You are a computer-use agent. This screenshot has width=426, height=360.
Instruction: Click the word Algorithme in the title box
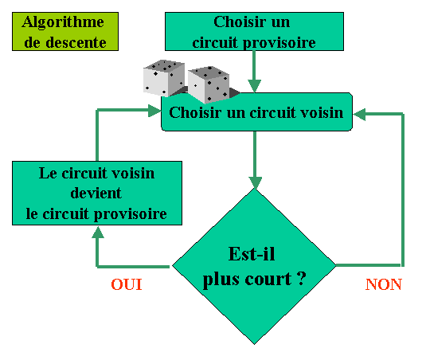click(x=63, y=22)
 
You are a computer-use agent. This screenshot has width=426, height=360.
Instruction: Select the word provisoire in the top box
click(x=279, y=44)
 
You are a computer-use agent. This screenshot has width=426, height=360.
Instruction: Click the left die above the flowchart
click(x=164, y=78)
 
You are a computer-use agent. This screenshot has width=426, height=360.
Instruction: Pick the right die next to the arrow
click(x=209, y=84)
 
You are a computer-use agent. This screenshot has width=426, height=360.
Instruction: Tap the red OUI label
click(x=127, y=284)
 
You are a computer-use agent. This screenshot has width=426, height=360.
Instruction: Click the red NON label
click(x=383, y=284)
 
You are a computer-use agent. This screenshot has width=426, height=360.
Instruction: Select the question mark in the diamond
click(x=301, y=278)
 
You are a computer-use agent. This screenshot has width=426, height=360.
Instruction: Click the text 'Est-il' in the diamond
click(x=252, y=254)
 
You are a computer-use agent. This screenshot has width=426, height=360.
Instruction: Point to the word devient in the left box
click(x=96, y=194)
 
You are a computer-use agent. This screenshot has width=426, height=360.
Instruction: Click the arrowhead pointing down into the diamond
click(x=255, y=183)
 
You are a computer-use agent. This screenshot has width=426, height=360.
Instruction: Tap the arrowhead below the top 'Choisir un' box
click(x=255, y=86)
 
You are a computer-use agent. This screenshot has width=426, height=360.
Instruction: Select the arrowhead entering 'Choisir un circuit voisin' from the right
click(x=359, y=115)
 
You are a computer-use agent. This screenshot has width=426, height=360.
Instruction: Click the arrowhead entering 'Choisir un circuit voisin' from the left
click(x=154, y=111)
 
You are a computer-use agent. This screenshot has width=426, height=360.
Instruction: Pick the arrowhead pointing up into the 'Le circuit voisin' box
click(x=98, y=232)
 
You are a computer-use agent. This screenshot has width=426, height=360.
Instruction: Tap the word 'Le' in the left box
click(x=48, y=173)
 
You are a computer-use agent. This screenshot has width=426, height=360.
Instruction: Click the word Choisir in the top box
click(x=240, y=22)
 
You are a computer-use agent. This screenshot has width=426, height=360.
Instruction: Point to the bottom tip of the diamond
click(x=255, y=345)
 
